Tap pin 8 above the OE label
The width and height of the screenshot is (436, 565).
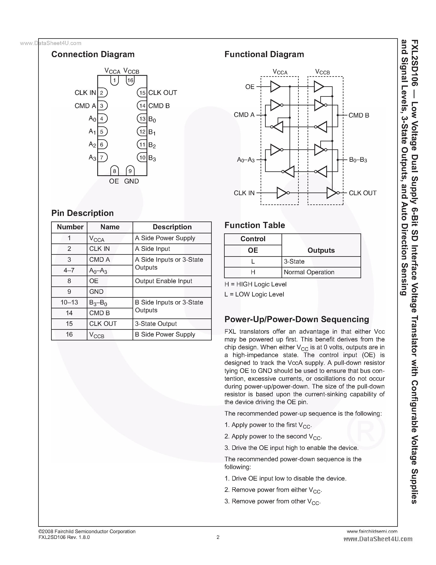[x=114, y=171]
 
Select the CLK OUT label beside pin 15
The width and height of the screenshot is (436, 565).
[x=162, y=93]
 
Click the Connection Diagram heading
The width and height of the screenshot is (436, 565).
[x=93, y=54]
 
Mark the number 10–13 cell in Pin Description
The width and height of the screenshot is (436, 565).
[x=69, y=302]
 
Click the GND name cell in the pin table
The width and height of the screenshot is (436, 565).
[x=96, y=292]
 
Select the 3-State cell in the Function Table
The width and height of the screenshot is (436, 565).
[x=294, y=262]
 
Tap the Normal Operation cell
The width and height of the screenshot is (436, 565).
[x=309, y=272]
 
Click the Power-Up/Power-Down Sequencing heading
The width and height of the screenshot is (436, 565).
[x=296, y=319]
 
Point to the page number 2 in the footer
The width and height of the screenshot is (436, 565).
[x=218, y=537]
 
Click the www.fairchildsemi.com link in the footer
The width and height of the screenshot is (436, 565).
[x=372, y=531]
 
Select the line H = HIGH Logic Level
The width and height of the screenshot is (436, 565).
[x=255, y=284]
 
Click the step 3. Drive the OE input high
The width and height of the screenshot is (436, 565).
[x=291, y=448]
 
